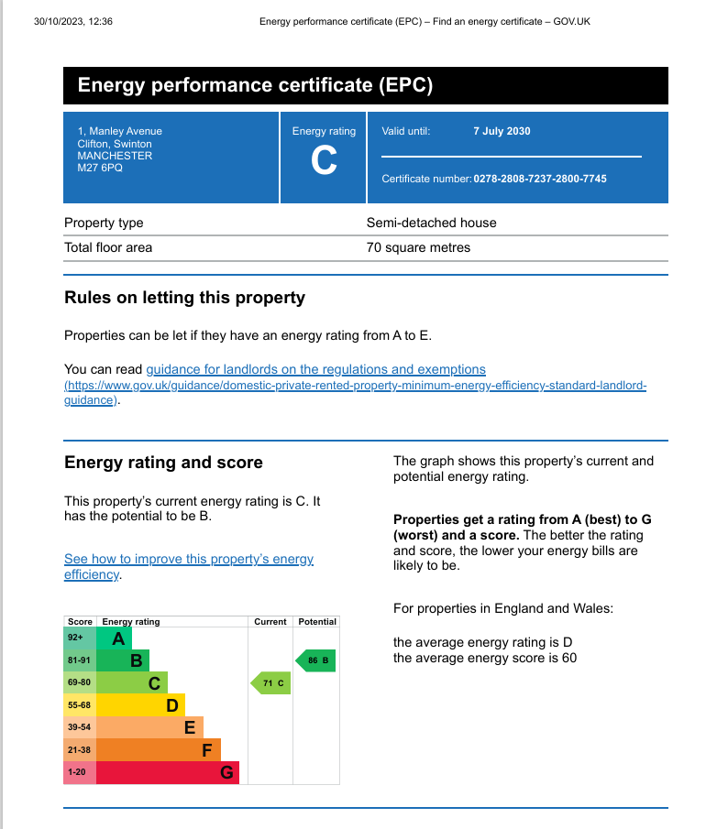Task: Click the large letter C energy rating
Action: click(x=324, y=161)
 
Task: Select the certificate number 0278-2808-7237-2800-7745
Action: click(x=540, y=179)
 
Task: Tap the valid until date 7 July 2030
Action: click(x=502, y=131)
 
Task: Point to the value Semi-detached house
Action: click(x=431, y=223)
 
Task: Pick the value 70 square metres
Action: click(x=418, y=247)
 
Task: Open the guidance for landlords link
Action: click(x=315, y=369)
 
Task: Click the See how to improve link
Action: click(x=188, y=560)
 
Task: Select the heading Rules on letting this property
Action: click(x=184, y=298)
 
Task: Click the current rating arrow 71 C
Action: click(x=271, y=683)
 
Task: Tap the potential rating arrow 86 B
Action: click(x=315, y=660)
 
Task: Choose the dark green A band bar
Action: click(x=116, y=638)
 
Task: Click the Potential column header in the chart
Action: click(x=317, y=622)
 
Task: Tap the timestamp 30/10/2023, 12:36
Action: click(x=72, y=21)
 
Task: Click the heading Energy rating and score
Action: click(x=163, y=463)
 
